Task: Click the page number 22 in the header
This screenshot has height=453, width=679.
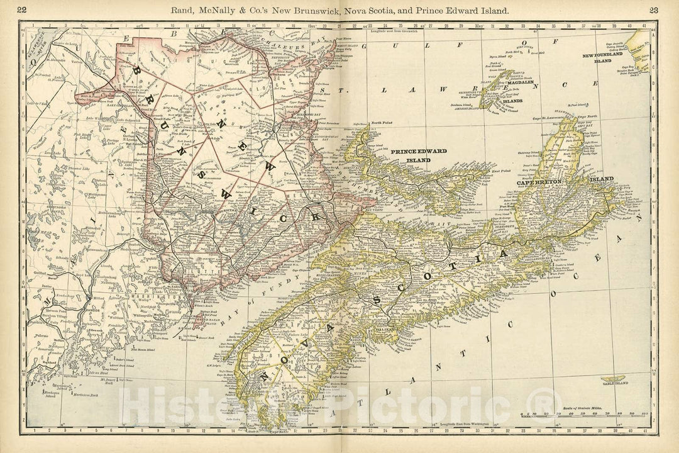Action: [22, 9]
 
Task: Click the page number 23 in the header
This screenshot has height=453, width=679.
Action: [654, 9]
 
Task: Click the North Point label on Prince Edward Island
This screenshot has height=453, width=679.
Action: [381, 123]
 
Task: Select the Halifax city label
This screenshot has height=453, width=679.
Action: [385, 328]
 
